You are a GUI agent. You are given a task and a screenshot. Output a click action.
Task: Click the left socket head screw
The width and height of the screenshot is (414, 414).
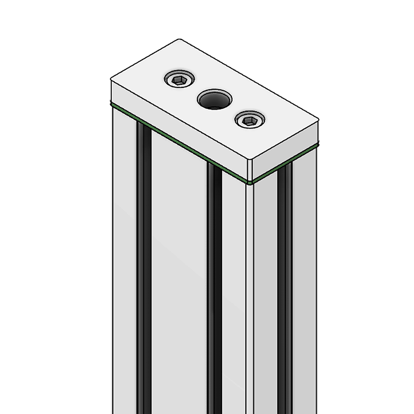pyautogui.click(x=179, y=79)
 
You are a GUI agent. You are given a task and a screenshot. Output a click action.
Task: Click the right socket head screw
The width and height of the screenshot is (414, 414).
pyautogui.click(x=250, y=120)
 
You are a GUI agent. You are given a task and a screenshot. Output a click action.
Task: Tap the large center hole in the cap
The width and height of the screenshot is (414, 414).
pyautogui.click(x=214, y=100)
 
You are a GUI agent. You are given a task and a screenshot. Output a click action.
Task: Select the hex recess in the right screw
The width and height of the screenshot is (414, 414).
pyautogui.click(x=250, y=120)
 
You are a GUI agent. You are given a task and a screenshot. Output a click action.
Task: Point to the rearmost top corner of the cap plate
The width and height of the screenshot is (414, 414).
pyautogui.click(x=179, y=40)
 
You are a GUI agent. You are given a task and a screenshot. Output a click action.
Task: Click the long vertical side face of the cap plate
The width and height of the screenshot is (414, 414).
pyautogui.click(x=178, y=124)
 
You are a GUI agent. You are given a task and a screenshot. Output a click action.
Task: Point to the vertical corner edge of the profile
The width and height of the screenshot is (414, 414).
pyautogui.click(x=249, y=290)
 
